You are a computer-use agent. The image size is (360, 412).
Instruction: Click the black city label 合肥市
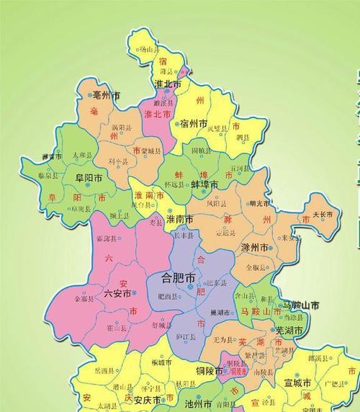pyautogui.click(x=179, y=277)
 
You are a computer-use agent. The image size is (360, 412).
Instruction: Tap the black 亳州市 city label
pyautogui.click(x=107, y=94)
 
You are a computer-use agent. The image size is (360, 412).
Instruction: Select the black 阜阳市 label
pyautogui.click(x=86, y=177)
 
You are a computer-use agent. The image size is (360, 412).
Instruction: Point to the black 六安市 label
pyautogui.click(x=118, y=293)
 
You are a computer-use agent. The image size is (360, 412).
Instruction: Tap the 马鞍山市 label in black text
pyautogui.click(x=301, y=305)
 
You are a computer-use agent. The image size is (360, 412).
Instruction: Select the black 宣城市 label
pyautogui.click(x=297, y=381)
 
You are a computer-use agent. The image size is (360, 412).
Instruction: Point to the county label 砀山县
pyautogui.click(x=148, y=50)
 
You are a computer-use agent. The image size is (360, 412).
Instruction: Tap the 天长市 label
pyautogui.click(x=323, y=214)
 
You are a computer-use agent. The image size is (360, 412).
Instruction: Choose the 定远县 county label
pyautogui.click(x=226, y=233)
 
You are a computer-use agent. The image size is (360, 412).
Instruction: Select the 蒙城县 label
pyautogui.click(x=153, y=151)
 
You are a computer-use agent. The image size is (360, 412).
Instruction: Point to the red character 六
pyautogui.click(x=109, y=256)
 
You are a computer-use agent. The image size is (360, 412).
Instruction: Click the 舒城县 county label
pyautogui.click(x=160, y=324)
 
